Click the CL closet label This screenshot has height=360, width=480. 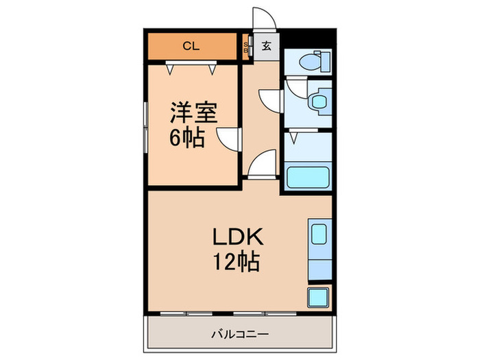coord(191,47)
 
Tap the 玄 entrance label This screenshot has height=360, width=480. coord(266,47)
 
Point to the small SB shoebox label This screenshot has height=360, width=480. coord(248,48)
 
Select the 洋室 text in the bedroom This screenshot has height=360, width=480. coord(190,112)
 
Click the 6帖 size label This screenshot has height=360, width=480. coord(187,139)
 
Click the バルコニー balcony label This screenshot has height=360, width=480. coord(239,335)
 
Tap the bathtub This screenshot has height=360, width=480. coord(307,178)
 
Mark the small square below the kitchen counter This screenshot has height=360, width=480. coord(318,298)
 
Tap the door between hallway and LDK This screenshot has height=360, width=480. coord(263,166)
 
